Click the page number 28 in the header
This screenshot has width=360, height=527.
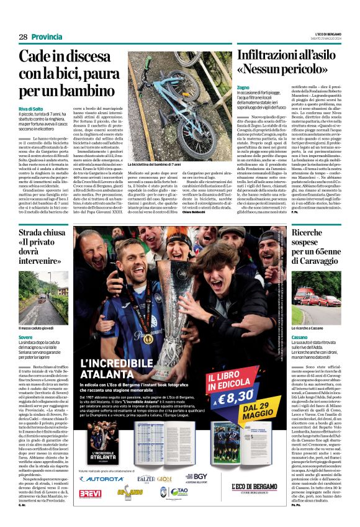pyautogui.click(x=22, y=37)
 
